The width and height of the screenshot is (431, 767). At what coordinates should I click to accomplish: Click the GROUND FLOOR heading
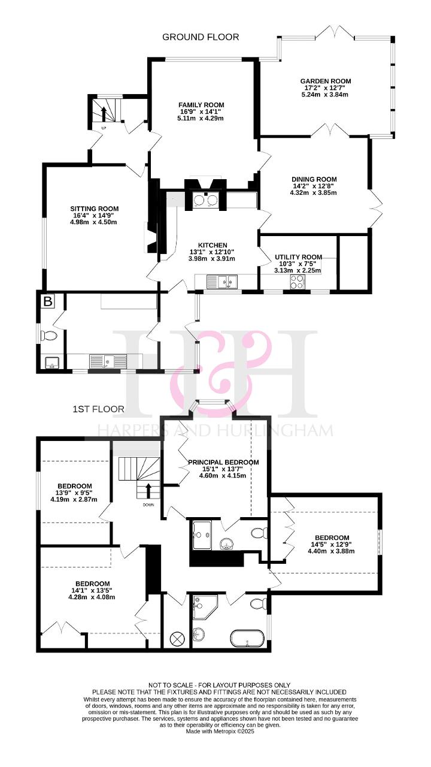point(201,37)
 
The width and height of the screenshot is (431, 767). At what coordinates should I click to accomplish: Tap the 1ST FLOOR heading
point(99,409)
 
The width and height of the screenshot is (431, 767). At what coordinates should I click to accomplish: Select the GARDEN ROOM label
point(326,81)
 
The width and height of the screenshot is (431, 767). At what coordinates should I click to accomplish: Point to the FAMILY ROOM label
point(201,105)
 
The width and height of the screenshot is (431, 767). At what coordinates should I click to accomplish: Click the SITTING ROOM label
point(95,209)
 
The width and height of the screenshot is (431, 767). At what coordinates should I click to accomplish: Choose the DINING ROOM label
point(314,179)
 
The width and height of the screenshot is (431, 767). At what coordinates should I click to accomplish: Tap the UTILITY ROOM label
point(298,257)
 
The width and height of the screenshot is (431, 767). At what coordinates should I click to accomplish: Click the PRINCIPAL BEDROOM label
point(223,462)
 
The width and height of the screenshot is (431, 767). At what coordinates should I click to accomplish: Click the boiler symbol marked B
point(48,301)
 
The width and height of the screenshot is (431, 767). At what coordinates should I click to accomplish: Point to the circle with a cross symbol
point(177,638)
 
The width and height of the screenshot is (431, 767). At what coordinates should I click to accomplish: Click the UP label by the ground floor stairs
point(104,128)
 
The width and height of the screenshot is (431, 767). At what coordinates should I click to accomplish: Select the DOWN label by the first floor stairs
point(148,505)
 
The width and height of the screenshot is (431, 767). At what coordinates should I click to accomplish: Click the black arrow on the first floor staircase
point(148,491)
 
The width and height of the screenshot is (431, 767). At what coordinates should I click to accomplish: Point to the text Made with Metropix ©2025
point(220,731)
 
